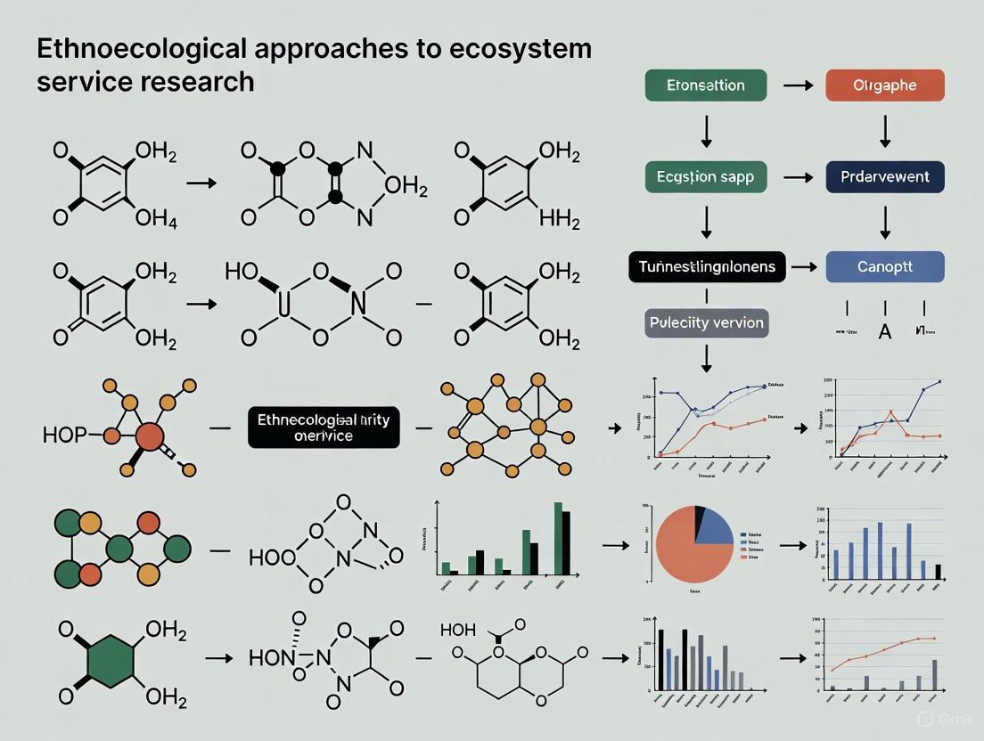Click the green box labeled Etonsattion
coord(706,85)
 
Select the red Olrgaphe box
coord(884,85)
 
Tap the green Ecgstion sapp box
coord(706,176)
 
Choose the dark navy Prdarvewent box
coord(884,176)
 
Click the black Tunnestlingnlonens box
coord(707,266)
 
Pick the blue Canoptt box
coord(884,266)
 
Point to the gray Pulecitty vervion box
coord(706,322)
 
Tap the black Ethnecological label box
coord(324,428)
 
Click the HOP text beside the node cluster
coord(65,436)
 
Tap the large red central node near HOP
coord(150,436)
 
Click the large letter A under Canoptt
coord(885,331)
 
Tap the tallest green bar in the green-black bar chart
coord(559,539)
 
